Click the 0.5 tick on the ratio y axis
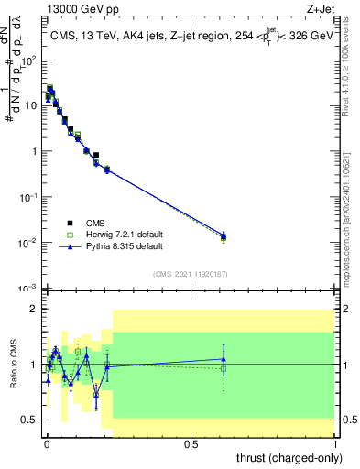[x=29, y=420]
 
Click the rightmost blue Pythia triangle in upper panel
[x=224, y=235]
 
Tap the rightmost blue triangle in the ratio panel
[x=224, y=359]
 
